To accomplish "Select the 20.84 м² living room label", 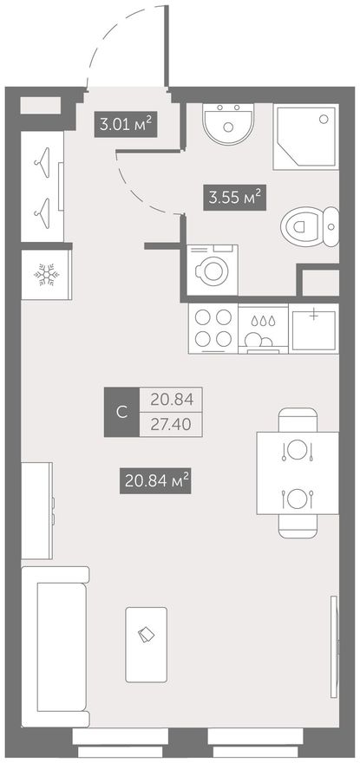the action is [155, 480].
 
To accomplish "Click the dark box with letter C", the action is [121, 412].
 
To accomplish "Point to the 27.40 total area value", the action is [171, 425].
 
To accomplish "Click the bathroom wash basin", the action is [228, 124].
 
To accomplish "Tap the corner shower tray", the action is [306, 136].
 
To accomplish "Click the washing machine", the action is [213, 270].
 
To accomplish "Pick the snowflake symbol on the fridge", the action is [46, 276].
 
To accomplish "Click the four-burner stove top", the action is [213, 328].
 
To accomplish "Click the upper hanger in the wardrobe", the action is [42, 158].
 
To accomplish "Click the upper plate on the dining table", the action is [296, 449].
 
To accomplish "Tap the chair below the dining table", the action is [298, 526].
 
